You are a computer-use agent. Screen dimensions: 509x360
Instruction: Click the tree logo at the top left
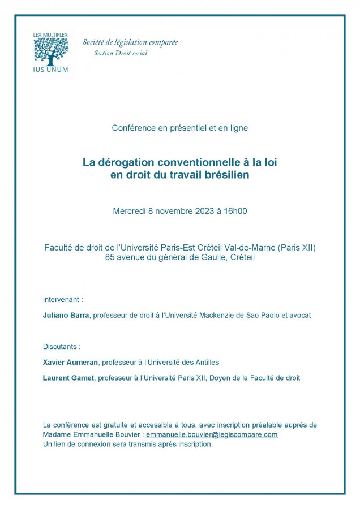[x=50, y=52]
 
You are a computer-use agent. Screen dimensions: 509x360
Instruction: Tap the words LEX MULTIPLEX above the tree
[x=50, y=35]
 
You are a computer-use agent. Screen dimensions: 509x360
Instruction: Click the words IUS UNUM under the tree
[x=50, y=70]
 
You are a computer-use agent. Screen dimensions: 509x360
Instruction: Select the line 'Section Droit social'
[x=121, y=53]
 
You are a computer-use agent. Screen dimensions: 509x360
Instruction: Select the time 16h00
[x=235, y=212]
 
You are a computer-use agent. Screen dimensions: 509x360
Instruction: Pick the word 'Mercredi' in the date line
[x=129, y=212]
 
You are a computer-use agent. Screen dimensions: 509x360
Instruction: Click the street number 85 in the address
[x=110, y=257]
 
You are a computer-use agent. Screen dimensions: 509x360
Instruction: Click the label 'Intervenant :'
[x=63, y=299]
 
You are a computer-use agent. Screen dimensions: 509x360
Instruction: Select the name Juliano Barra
[x=66, y=315]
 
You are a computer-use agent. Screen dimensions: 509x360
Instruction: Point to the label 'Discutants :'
[x=62, y=346]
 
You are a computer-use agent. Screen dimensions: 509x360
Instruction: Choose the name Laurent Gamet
[x=68, y=378]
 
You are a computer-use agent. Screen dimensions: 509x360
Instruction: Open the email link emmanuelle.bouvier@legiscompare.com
[x=212, y=434]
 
